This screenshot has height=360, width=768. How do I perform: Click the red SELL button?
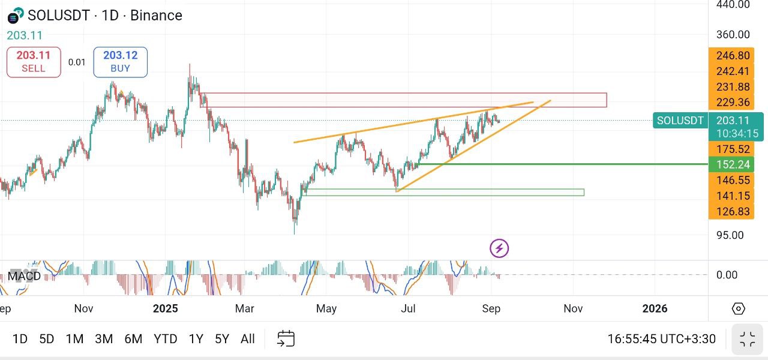click(34, 62)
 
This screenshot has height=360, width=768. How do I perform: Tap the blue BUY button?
click(121, 62)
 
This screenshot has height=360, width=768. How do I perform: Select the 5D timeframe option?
click(47, 339)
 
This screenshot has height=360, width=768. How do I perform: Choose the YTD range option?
click(165, 339)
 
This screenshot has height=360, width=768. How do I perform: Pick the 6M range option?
click(133, 339)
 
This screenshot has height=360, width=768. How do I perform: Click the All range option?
click(248, 339)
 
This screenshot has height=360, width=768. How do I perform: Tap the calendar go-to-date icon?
click(286, 338)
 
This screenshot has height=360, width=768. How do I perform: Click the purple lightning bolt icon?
click(499, 248)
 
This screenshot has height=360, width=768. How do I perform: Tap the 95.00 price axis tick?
click(730, 235)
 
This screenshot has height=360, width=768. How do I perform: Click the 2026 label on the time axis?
click(655, 308)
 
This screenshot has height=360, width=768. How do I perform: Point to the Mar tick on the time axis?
click(244, 308)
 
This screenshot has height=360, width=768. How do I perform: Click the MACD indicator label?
click(24, 276)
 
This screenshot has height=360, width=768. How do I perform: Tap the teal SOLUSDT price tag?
click(680, 121)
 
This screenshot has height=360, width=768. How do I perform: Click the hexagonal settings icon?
click(738, 308)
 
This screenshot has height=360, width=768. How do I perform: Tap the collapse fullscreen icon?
click(748, 339)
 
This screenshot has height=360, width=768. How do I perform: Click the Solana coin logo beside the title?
click(16, 16)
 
